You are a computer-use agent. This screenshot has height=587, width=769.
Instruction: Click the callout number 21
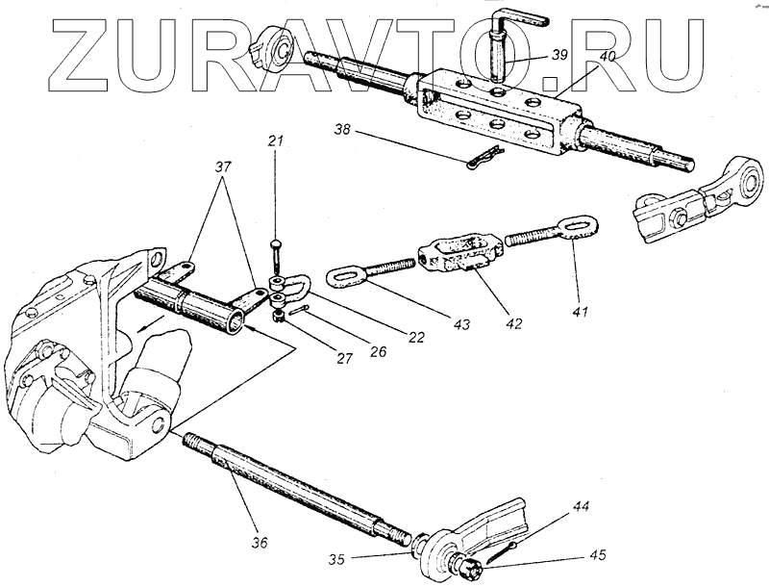pos(277,141)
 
